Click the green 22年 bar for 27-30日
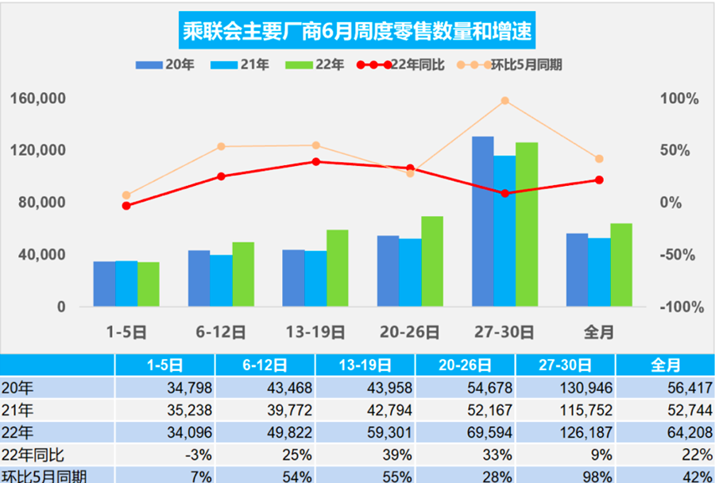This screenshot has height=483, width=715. pyautogui.click(x=527, y=224)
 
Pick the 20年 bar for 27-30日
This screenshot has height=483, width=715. pyautogui.click(x=482, y=222)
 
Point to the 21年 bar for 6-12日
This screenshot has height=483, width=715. pyautogui.click(x=221, y=280)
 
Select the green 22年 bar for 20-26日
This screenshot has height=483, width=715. pyautogui.click(x=432, y=261)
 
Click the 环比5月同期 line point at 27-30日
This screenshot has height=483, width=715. pyautogui.click(x=505, y=101)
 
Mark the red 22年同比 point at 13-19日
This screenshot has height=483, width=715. pyautogui.click(x=316, y=161)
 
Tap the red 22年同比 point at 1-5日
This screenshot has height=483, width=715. pyautogui.click(x=126, y=206)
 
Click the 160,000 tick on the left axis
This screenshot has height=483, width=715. pyautogui.click(x=37, y=99)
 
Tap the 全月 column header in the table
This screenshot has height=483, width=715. pyautogui.click(x=666, y=365)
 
